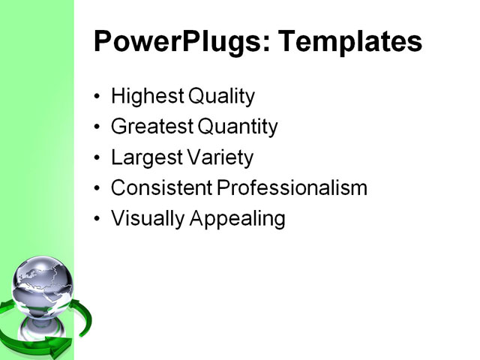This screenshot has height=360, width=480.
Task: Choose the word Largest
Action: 145,158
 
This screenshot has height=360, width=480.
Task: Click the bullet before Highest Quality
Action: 97,97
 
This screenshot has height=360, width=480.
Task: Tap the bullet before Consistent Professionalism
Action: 97,189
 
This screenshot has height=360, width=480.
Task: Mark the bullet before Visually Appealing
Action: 97,220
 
